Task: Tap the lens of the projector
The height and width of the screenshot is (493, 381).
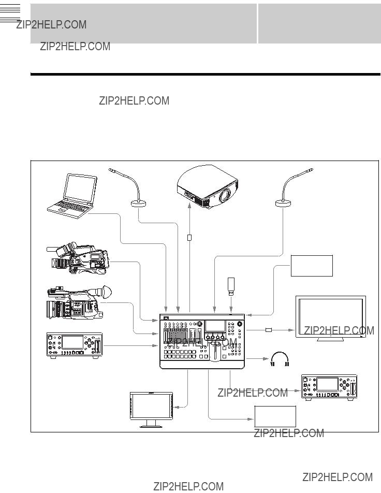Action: (225, 195)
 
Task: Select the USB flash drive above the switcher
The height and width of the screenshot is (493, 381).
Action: (231, 287)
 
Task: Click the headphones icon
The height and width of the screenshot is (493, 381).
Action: (280, 359)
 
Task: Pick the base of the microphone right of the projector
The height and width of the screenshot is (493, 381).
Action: (283, 204)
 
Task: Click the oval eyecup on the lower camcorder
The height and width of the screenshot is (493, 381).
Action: (106, 292)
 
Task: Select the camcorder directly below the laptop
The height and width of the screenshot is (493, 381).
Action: (78, 258)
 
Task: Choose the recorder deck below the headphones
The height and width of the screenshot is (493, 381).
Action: (329, 387)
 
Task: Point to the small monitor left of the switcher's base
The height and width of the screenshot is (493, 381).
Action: (152, 410)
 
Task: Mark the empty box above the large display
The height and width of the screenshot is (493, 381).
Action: (312, 266)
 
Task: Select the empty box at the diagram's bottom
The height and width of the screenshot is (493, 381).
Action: (275, 416)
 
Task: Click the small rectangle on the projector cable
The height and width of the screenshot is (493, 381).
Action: (189, 238)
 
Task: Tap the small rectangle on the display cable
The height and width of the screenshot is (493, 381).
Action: (269, 330)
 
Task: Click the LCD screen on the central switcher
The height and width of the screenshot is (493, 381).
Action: (215, 326)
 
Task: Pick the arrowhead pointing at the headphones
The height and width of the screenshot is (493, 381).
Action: (266, 358)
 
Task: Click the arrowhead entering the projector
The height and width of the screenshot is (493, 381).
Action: (189, 206)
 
